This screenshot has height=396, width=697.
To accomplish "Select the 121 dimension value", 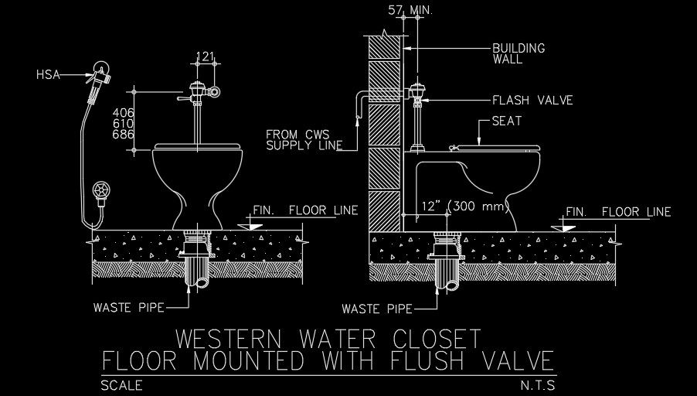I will [x=205, y=56].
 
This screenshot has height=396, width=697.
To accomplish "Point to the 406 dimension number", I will [x=124, y=112].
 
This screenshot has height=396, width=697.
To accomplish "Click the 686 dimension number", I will [x=124, y=135].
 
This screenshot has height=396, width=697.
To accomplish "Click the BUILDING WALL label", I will [x=518, y=53].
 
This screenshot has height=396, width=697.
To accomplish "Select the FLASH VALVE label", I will [x=532, y=101].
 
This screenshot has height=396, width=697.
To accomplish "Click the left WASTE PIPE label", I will [x=128, y=307].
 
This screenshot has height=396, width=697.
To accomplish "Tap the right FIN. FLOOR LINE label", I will [x=618, y=212].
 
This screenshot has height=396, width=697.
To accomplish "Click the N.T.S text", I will [x=538, y=384].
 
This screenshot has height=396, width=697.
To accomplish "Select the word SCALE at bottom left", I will [x=121, y=384].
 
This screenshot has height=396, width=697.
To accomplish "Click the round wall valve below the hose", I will [x=100, y=189].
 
